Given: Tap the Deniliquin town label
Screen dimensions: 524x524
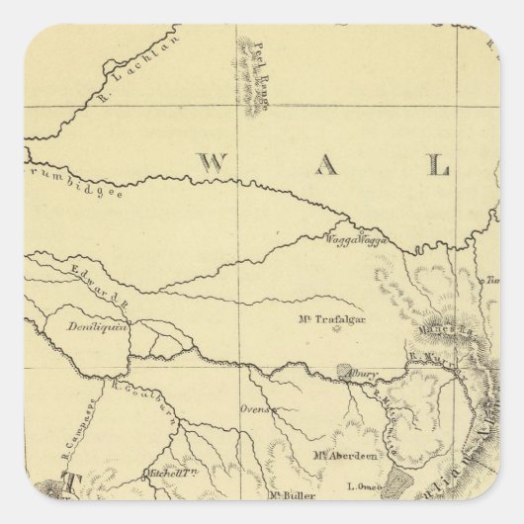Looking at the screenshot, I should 98,327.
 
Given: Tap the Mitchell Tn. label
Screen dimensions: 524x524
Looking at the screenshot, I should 168,476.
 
